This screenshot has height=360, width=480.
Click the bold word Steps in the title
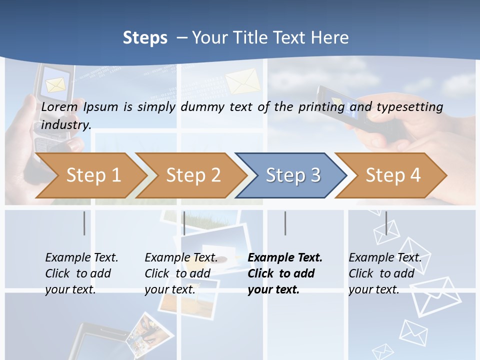(x=145, y=37)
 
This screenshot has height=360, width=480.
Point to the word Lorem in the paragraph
(x=59, y=106)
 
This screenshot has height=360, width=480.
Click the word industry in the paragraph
(x=66, y=124)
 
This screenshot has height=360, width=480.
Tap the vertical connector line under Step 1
(x=84, y=223)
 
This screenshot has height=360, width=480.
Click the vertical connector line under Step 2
(x=184, y=223)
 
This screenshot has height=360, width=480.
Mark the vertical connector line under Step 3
(x=285, y=223)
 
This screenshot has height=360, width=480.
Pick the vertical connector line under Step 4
(x=386, y=223)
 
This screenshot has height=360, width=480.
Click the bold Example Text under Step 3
(x=285, y=257)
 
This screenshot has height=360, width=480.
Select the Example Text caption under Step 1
(x=81, y=257)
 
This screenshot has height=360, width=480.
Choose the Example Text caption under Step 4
(x=385, y=257)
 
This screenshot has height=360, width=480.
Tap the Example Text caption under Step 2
(x=181, y=257)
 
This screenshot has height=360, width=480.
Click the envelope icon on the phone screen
(x=55, y=83)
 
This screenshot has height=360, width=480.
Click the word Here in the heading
(x=330, y=37)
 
